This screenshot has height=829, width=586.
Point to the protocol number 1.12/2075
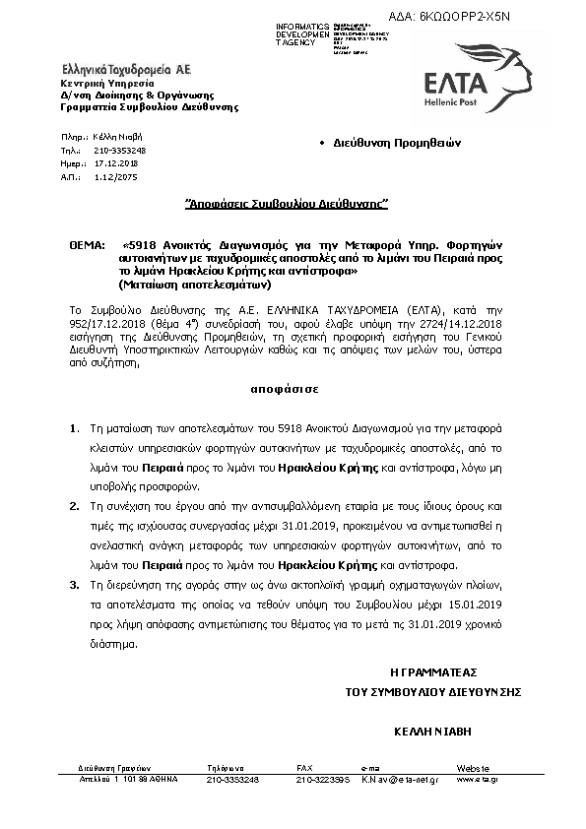(x=115, y=176)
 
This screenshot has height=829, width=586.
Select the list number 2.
(x=74, y=503)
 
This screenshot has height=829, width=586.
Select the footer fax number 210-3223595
(x=323, y=779)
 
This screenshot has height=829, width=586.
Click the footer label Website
(x=472, y=767)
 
